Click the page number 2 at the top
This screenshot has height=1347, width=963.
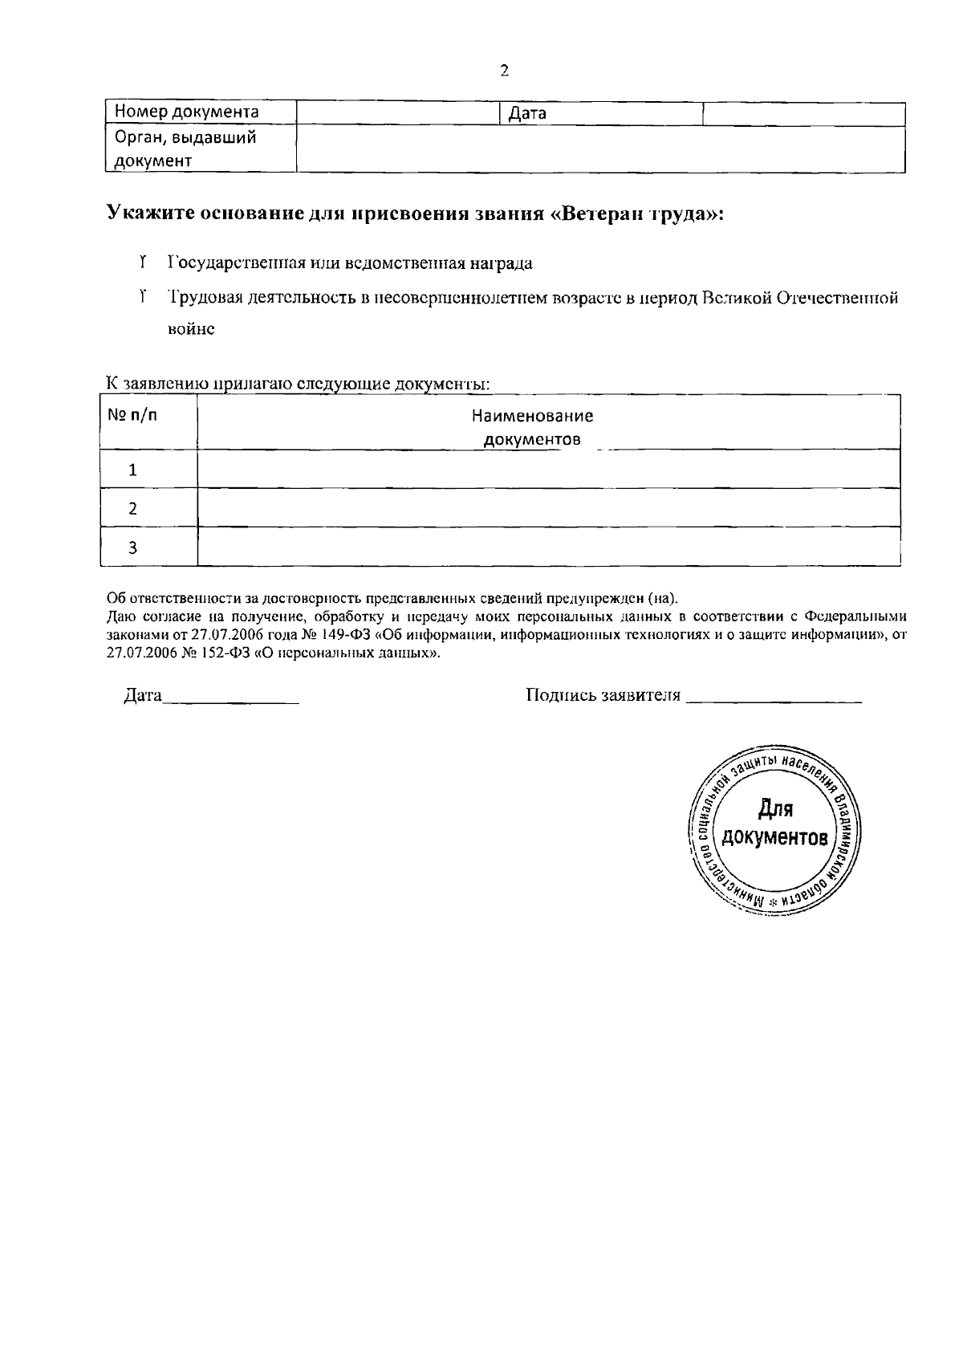click(x=504, y=71)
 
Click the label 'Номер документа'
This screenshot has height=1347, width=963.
click(x=186, y=112)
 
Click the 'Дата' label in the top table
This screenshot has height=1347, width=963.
click(x=527, y=114)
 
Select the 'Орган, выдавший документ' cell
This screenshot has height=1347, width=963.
click(x=186, y=149)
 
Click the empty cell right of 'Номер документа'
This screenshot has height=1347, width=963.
click(x=398, y=113)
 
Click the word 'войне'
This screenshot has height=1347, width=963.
click(x=191, y=329)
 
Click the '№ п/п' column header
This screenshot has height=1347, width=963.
click(x=132, y=415)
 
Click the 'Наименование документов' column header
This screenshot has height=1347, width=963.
click(x=532, y=427)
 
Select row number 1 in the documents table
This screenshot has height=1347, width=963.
click(x=133, y=470)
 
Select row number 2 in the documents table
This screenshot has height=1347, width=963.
click(x=133, y=508)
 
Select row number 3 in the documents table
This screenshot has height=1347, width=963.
click(x=133, y=547)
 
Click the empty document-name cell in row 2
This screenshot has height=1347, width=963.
click(x=548, y=507)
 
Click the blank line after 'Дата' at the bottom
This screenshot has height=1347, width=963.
click(x=231, y=697)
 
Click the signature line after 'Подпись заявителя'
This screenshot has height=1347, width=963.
click(x=774, y=697)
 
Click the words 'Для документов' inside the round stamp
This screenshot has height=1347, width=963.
click(x=774, y=825)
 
